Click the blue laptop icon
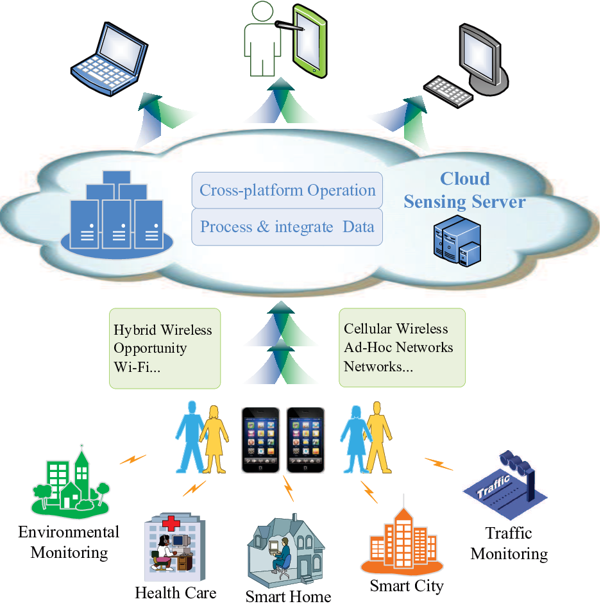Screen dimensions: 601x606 (x=110, y=59)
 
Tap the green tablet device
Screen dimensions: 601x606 (x=310, y=41)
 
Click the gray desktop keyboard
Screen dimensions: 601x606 (x=448, y=91)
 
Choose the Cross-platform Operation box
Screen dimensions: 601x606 (x=287, y=190)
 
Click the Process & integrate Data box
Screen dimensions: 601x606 (x=287, y=227)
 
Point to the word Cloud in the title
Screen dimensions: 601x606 (x=465, y=179)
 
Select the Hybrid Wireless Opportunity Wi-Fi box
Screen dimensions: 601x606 (x=165, y=348)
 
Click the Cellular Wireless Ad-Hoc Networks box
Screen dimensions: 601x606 (x=402, y=348)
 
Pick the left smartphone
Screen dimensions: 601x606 (x=260, y=440)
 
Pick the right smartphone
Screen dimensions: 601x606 (x=305, y=440)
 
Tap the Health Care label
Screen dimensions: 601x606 (x=176, y=593)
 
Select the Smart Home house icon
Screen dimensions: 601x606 (x=286, y=551)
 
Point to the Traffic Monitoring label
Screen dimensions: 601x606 (x=509, y=543)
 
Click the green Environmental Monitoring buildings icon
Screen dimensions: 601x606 (x=71, y=481)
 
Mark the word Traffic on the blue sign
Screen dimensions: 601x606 (x=493, y=486)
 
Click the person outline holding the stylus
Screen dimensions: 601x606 (x=263, y=38)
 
